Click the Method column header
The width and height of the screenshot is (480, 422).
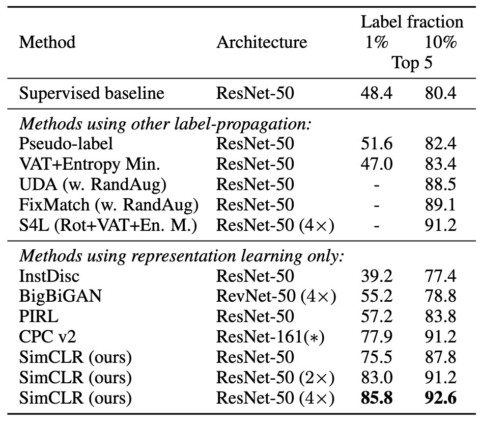pos(47,42)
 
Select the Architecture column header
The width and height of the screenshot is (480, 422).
pos(262,42)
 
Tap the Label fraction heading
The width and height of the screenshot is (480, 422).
pos(412,22)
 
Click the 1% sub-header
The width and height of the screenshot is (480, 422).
pos(377,42)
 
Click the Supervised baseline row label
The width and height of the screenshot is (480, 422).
pos(92,94)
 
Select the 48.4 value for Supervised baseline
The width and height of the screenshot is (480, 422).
pos(377,94)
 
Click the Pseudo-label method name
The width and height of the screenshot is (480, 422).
pos(66,144)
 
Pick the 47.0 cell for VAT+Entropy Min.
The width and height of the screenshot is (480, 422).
pos(377,164)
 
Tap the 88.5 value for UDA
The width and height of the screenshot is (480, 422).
pos(440,184)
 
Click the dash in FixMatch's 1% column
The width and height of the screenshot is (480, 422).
pos(377,204)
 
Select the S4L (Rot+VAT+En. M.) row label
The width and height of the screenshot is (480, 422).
pos(107,225)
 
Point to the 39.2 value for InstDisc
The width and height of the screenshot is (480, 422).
pos(377,276)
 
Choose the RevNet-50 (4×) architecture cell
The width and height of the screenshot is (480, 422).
pos(275,296)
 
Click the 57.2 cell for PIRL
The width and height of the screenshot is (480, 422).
pos(377,316)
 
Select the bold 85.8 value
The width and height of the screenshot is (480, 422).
pos(377,398)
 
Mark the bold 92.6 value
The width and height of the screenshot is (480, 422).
pos(440,398)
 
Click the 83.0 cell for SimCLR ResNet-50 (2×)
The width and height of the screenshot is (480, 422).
pos(377,378)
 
